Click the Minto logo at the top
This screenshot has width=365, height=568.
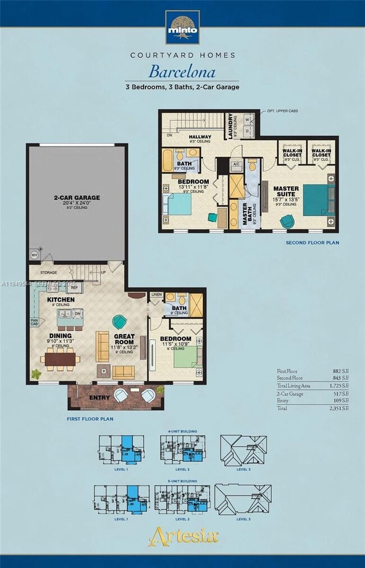pos(182,27)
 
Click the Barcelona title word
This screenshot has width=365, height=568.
pos(182,72)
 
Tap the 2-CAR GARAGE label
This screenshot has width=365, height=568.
pos(76,198)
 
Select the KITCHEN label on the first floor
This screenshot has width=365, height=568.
pos(61,300)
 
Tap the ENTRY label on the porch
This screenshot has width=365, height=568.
pos(99,397)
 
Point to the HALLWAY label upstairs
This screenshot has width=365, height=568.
pos(200,137)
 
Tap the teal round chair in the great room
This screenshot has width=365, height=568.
pos(120,322)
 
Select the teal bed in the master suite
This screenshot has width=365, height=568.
pos(314,200)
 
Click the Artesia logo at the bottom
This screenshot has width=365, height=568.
pos(182,536)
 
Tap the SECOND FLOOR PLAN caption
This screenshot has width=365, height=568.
pos(312,242)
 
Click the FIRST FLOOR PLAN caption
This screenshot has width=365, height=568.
pos(90,419)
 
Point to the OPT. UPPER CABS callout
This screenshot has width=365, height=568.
pos(282,111)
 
